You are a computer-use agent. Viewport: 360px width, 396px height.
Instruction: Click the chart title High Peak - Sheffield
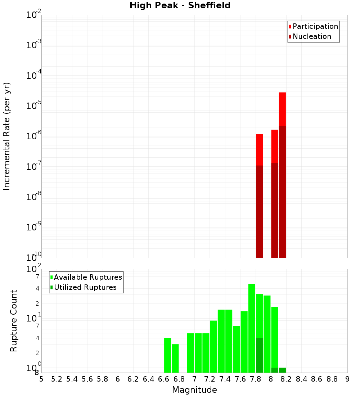click(180, 5)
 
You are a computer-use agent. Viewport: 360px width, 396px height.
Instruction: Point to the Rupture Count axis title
click(14, 321)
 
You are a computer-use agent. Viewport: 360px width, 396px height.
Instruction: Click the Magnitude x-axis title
click(194, 390)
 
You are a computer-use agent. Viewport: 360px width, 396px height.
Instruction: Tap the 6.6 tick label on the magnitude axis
click(164, 379)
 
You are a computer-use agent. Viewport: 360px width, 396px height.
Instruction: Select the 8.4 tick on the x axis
click(301, 379)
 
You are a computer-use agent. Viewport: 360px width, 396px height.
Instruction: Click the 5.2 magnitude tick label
click(57, 379)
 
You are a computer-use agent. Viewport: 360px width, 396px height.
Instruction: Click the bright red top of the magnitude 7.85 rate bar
click(259, 149)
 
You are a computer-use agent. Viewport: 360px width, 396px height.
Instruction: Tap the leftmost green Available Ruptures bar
click(167, 355)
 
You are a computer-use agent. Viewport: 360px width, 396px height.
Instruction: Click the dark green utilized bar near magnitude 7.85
click(259, 355)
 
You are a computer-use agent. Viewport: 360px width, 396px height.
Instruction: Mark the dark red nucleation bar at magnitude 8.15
click(282, 191)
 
